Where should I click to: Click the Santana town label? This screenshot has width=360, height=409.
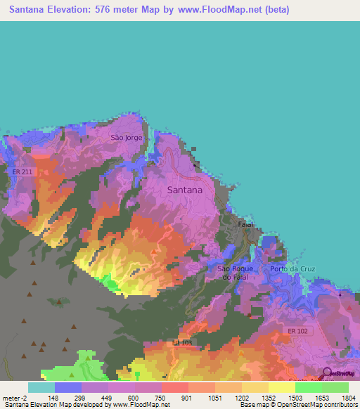tap(185, 190)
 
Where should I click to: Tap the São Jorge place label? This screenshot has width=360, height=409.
tap(127, 138)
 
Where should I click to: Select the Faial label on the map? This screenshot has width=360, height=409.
tap(245, 224)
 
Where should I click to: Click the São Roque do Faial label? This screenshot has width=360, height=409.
tap(233, 273)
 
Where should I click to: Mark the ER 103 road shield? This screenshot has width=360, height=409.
tap(182, 342)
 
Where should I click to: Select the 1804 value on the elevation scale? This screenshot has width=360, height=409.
tap(347, 398)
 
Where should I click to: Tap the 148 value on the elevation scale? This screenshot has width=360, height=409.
tap(53, 398)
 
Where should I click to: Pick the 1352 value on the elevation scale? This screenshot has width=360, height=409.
tap(267, 398)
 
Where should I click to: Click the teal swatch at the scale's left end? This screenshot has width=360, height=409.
tap(41, 387)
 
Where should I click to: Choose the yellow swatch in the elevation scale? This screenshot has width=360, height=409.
tap(281, 387)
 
